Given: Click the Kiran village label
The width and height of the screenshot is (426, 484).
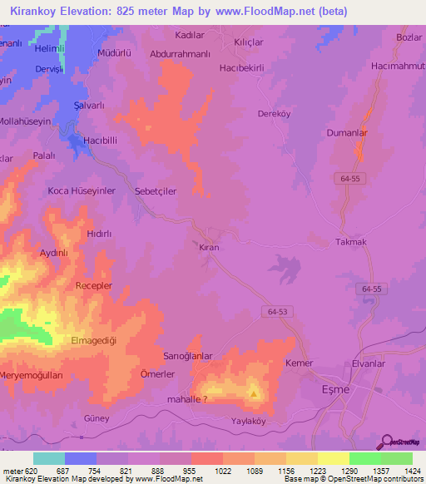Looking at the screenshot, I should [x=209, y=248].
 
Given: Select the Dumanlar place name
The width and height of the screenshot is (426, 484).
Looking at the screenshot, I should [x=347, y=131].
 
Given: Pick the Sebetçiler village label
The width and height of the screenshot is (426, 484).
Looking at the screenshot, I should [x=149, y=191].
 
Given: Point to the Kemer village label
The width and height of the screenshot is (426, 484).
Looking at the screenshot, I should [x=299, y=364].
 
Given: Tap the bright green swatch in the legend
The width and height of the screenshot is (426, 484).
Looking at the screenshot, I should [x=364, y=458].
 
